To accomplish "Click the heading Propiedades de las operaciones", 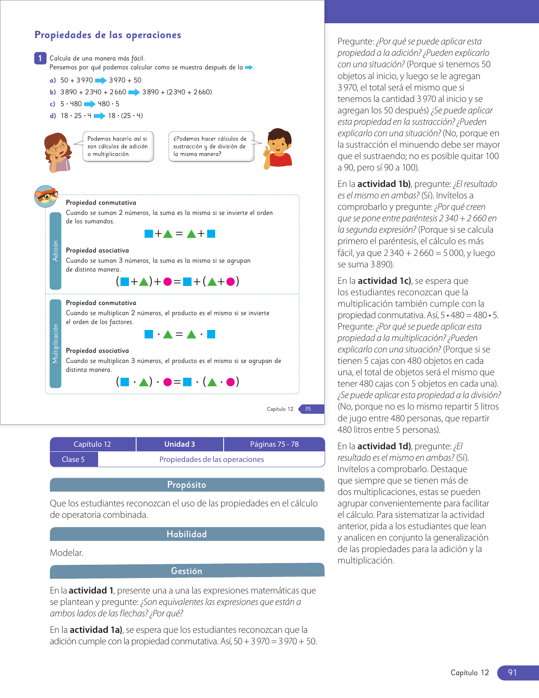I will tap(108, 35).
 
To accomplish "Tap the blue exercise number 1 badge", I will tap(40, 58).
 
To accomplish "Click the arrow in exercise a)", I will tap(101, 80).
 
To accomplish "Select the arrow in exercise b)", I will tap(134, 92).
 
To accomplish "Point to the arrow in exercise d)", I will tap(99, 116).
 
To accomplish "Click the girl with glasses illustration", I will tap(57, 151).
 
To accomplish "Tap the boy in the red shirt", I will tap(278, 148).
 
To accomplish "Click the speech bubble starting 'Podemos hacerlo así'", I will tap(118, 146).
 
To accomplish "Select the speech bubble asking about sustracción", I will tap(211, 146).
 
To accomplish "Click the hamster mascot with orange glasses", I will tap(46, 196).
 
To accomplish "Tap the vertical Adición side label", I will tap(55, 251).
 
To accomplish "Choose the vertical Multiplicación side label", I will tap(55, 344).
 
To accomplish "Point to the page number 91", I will tap(513, 673).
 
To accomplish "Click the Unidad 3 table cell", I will tap(180, 444).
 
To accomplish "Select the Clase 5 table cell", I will tap(74, 459).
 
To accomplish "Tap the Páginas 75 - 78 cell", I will tap(274, 444).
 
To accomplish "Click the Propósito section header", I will tap(187, 485).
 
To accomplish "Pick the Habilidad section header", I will tap(187, 534).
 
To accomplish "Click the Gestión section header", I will tap(187, 571).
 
